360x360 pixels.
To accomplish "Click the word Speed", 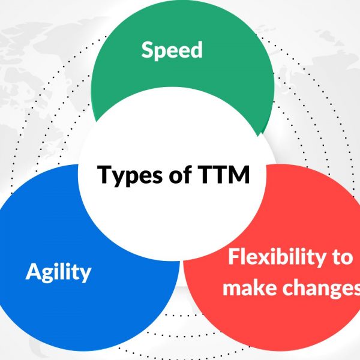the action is pos(172,50).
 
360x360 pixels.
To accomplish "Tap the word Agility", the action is pos(58,272).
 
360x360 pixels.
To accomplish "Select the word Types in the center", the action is pos(130,175).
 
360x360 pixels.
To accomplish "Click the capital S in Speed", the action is pos(148,50).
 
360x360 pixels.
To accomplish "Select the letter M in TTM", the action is pos(239,174).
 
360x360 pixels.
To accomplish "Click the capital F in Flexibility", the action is pos(234,257).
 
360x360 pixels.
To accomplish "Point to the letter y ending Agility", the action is pos(85,275).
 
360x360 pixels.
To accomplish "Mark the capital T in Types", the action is pos(104,174).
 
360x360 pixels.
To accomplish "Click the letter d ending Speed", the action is pos(196,50).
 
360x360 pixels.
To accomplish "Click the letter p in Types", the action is pos(133,178).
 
